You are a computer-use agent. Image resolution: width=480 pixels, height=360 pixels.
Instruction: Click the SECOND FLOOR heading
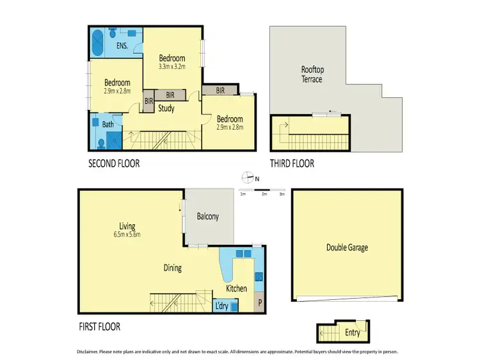[113, 164]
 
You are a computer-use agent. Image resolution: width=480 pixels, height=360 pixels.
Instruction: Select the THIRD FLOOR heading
[292, 164]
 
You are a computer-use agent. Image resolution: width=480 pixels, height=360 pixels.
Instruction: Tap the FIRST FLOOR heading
[99, 327]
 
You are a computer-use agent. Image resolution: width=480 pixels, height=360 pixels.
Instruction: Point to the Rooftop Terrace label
[312, 74]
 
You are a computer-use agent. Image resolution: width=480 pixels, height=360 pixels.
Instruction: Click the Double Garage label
[347, 247]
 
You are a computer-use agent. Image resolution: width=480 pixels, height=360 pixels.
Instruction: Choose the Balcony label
[207, 217]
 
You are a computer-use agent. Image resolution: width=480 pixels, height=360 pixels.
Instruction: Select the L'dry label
[221, 306]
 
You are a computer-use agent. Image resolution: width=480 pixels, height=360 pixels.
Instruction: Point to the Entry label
[353, 333]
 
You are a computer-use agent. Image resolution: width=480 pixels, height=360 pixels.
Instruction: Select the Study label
[166, 109]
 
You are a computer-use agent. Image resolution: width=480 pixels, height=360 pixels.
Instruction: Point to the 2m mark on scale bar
[264, 194]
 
